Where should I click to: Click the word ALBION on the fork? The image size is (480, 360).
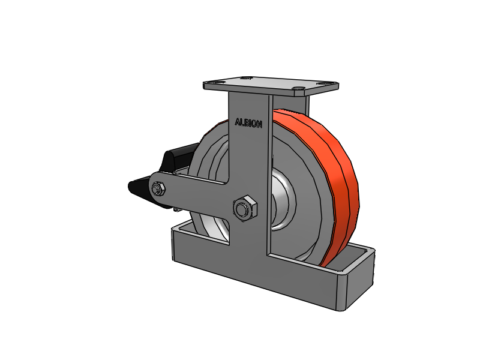tap(248, 123)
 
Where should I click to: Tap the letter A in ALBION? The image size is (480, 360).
tap(238, 122)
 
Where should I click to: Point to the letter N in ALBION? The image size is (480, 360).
tap(259, 124)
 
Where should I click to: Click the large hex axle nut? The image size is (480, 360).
tap(245, 208)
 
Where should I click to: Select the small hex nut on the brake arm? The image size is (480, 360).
tap(158, 189)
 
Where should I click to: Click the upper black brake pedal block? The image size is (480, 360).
tap(179, 157)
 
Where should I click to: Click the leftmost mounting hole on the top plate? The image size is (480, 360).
tap(218, 82)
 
